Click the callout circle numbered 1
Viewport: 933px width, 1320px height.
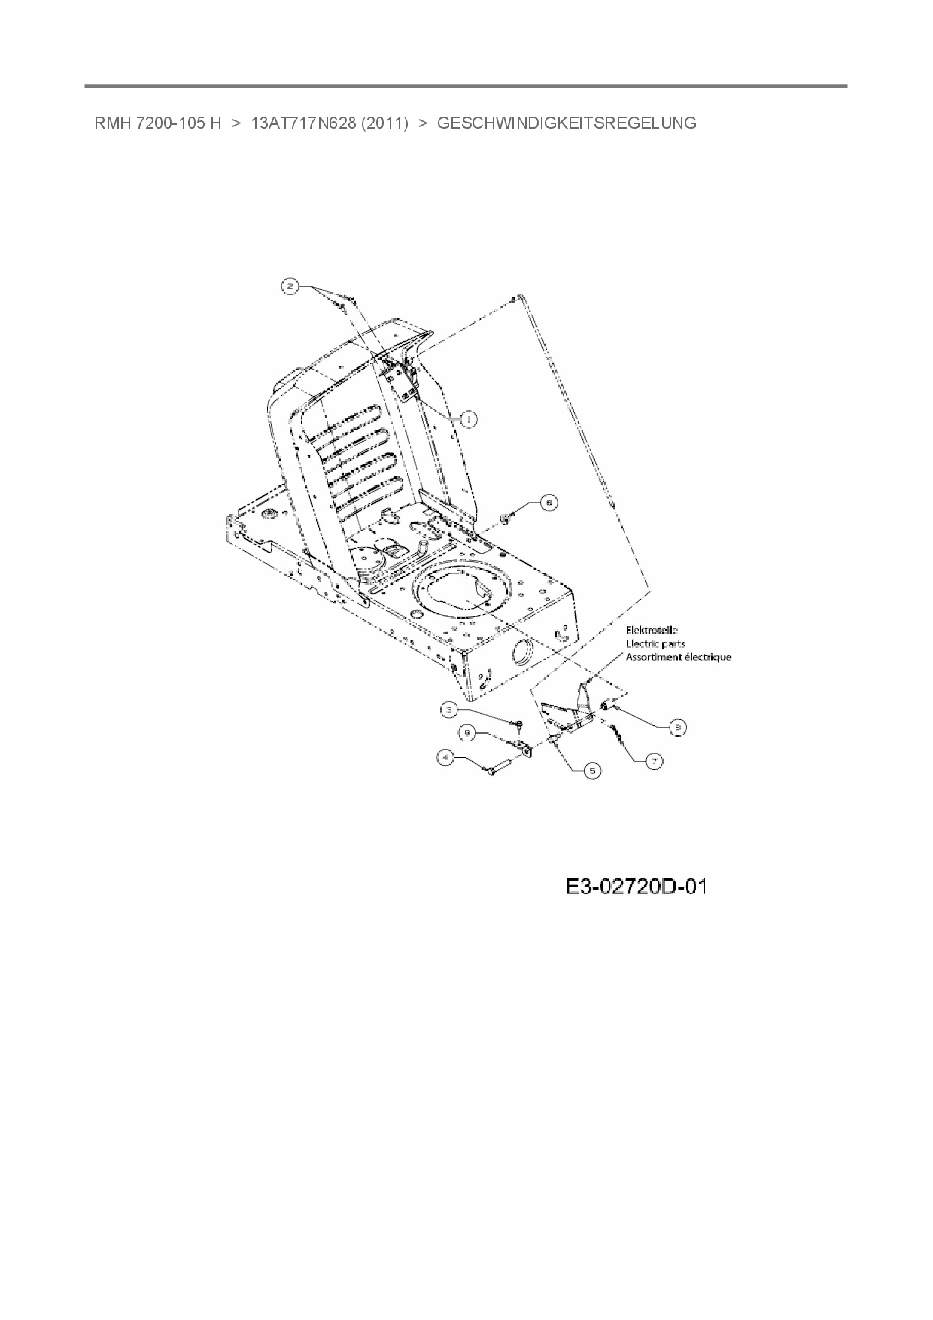tap(469, 419)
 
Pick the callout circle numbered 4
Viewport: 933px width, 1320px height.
tap(448, 759)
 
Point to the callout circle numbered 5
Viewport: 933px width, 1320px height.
tap(594, 771)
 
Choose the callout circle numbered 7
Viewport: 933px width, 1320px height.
tap(655, 762)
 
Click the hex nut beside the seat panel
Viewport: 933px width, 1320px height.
tap(506, 516)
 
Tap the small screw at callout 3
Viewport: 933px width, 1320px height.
tap(520, 724)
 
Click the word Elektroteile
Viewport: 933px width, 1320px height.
tap(652, 630)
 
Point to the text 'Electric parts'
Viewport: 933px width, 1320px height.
tap(655, 643)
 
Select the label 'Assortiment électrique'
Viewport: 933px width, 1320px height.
tap(678, 657)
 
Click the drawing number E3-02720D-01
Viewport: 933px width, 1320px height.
tap(637, 887)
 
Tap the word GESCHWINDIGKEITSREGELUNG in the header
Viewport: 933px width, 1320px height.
tap(567, 123)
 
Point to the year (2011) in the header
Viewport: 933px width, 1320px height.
tap(384, 123)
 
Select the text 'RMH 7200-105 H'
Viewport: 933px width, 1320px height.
tap(157, 123)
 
